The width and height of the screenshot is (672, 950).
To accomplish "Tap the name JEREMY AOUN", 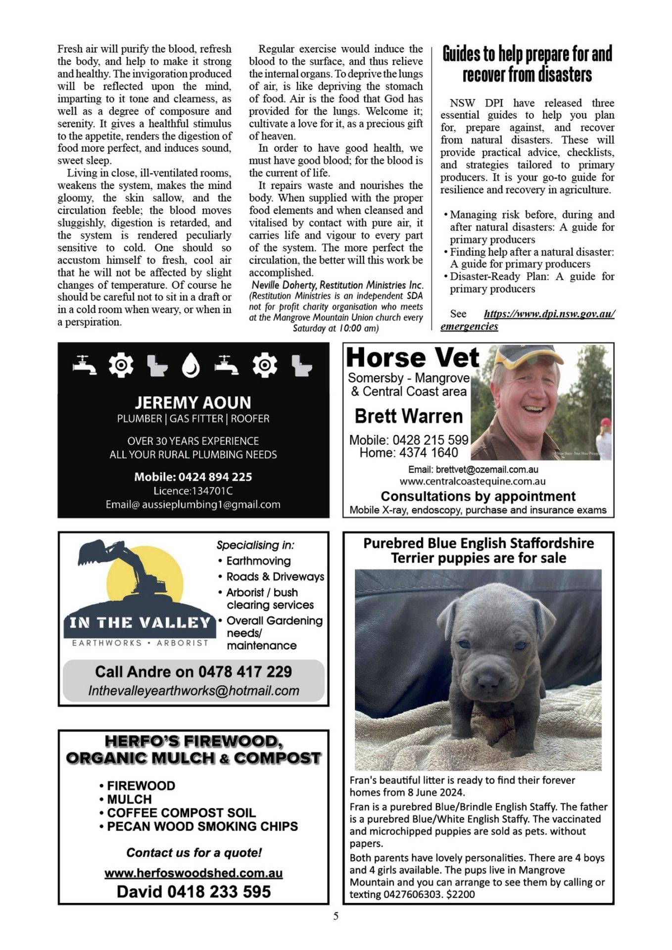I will tap(193, 402).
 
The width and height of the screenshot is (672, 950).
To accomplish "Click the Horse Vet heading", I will tap(413, 358).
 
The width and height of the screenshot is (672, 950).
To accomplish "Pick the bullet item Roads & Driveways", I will tap(275, 577).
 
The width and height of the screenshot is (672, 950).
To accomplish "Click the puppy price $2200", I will tap(460, 895).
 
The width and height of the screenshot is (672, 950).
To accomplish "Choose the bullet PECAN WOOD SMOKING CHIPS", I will tap(202, 826).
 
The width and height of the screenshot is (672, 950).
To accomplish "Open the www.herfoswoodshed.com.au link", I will tap(193, 873).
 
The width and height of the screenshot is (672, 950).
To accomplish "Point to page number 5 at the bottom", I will tap(336, 916).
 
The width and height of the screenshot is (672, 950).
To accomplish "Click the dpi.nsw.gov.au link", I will tap(549, 314).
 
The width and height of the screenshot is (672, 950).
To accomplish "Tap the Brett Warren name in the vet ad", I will tap(409, 417).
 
